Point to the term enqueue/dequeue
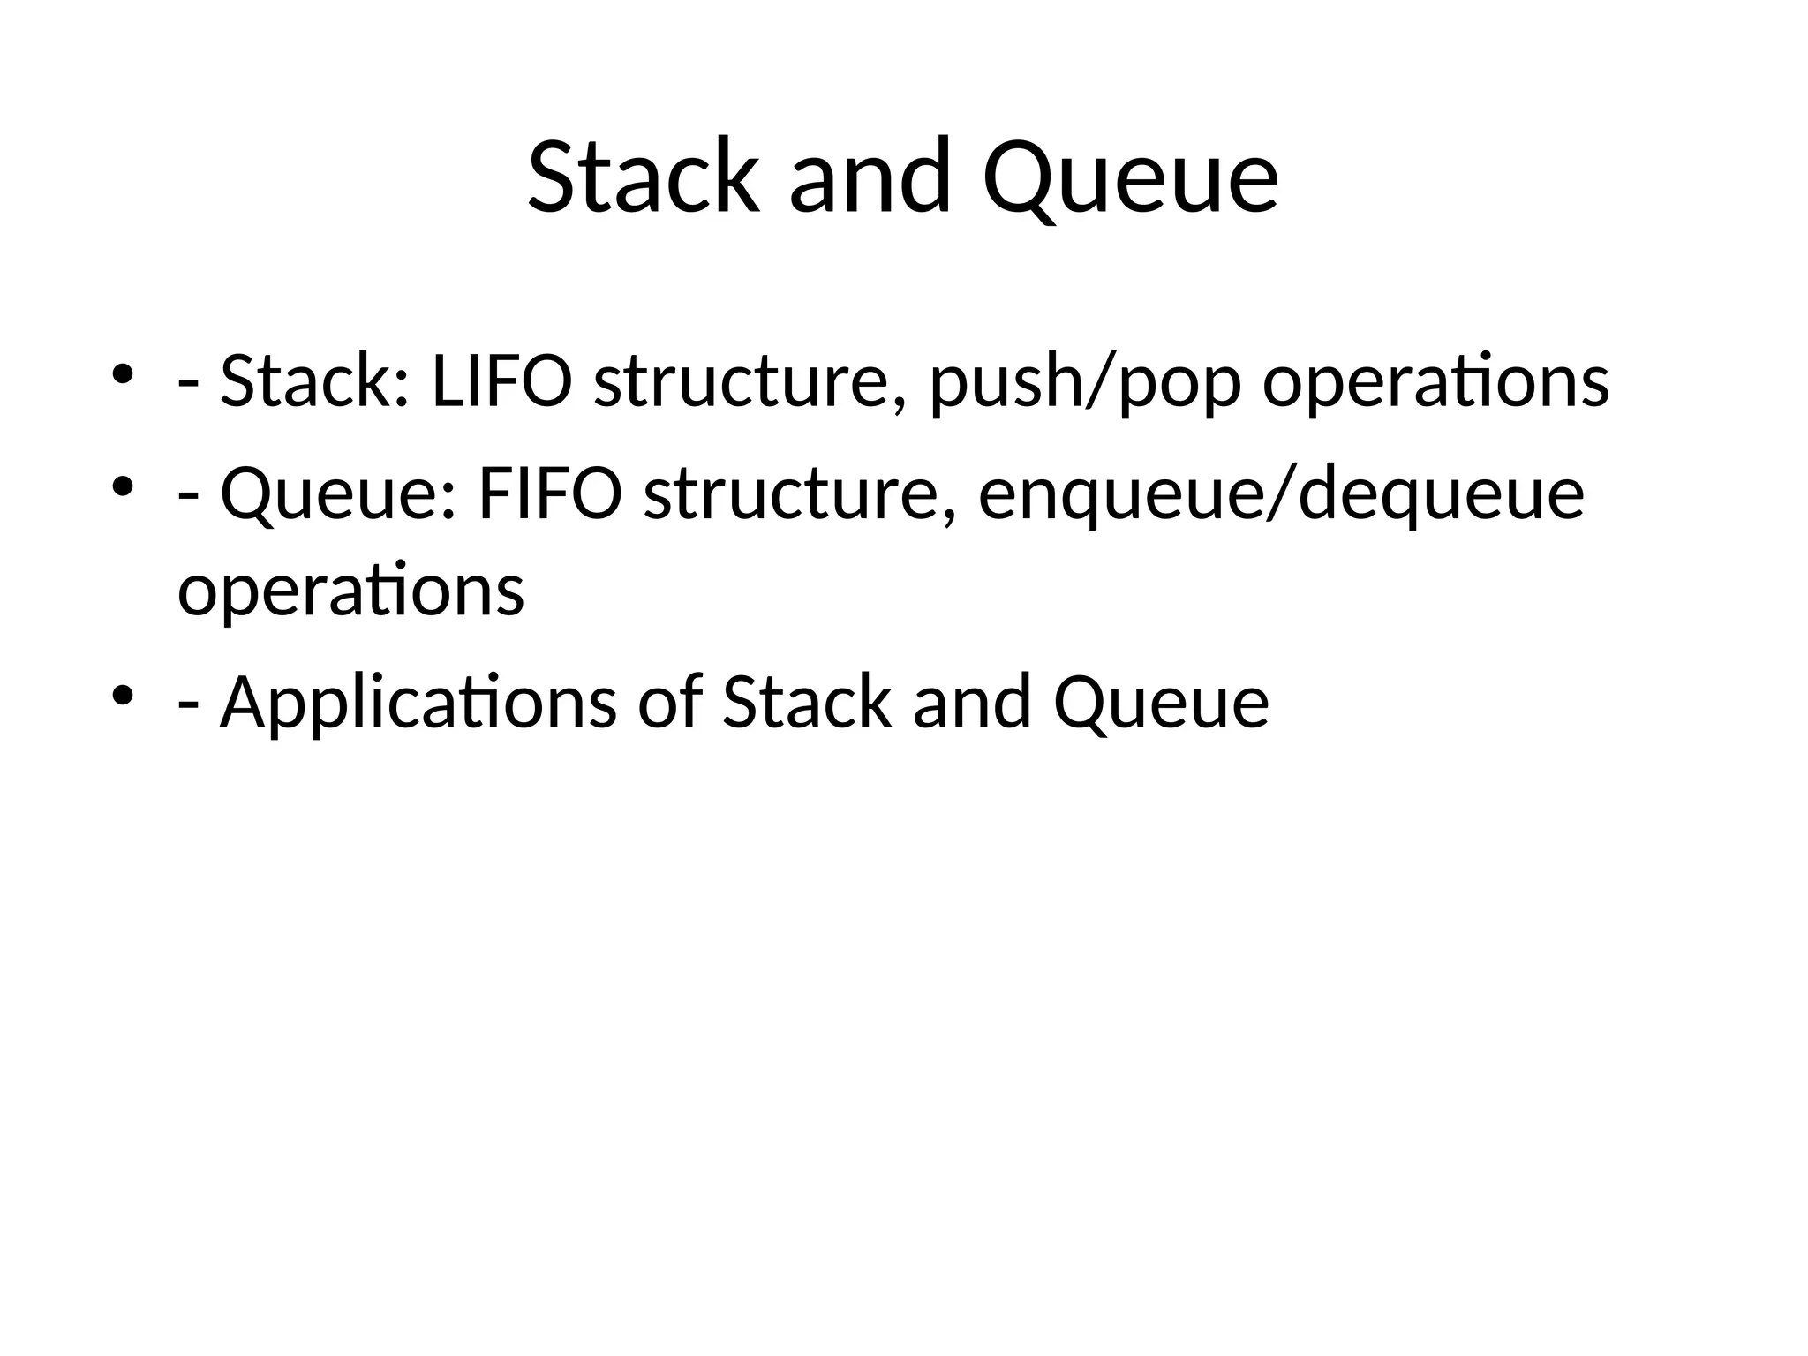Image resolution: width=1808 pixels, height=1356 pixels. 1281,496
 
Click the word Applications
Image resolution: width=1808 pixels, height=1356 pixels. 418,704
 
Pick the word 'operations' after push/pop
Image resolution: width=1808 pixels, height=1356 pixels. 1435,384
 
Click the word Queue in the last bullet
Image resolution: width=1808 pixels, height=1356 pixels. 1161,704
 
